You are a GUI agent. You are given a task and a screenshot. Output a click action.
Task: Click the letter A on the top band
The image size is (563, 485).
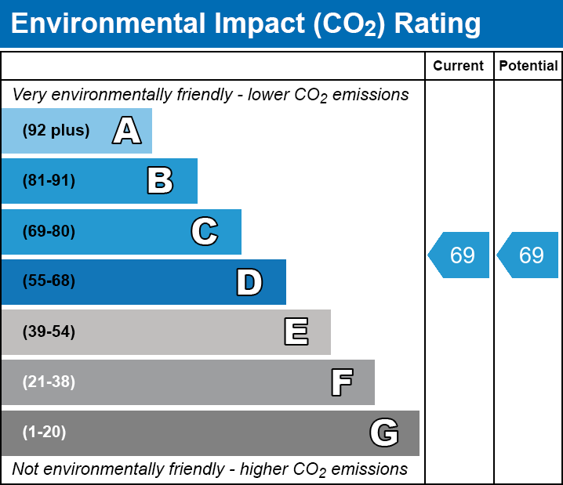[126, 131]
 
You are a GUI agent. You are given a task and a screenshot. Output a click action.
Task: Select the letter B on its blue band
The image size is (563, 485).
[160, 181]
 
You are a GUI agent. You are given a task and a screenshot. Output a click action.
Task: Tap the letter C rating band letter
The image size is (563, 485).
[205, 232]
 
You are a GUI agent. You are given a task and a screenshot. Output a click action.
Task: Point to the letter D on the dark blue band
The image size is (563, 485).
[249, 282]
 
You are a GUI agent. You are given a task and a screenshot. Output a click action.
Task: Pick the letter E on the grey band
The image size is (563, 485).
[296, 332]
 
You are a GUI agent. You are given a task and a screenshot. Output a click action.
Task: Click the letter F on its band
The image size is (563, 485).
[341, 382]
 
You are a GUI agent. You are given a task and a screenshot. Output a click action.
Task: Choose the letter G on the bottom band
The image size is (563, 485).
[384, 433]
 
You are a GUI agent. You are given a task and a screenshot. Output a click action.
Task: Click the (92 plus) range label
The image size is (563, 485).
[56, 131]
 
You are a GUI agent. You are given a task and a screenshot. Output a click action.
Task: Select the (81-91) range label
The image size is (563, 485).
[49, 181]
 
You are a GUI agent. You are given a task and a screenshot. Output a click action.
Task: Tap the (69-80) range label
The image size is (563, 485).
[49, 232]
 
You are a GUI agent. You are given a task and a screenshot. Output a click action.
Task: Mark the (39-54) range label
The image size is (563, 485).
[49, 332]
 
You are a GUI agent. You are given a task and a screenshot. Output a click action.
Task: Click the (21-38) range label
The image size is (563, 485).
[49, 382]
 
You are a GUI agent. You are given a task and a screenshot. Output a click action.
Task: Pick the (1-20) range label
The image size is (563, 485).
[45, 433]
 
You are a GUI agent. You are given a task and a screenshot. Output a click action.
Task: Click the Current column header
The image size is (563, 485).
[459, 67]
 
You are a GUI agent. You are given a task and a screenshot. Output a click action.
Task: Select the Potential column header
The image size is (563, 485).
[528, 67]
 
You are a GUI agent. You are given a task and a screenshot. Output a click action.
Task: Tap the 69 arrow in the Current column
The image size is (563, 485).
[460, 255]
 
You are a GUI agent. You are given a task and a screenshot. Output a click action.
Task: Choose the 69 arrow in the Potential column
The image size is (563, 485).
[529, 255]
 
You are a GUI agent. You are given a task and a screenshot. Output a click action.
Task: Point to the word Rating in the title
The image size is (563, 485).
[437, 24]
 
